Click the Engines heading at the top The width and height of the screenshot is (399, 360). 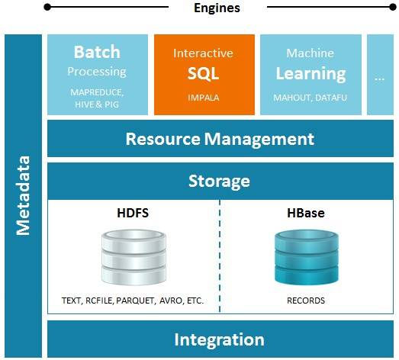(217, 8)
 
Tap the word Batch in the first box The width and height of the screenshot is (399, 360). (97, 52)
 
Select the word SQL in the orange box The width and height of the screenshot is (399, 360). (203, 74)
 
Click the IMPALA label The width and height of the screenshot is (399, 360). (204, 98)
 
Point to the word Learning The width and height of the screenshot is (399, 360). (311, 74)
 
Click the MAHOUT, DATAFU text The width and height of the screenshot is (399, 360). (310, 98)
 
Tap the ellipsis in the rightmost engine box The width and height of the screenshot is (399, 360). (379, 79)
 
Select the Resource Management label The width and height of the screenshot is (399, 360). (220, 139)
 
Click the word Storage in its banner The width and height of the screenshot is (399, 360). (219, 182)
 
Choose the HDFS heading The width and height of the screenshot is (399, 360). (133, 213)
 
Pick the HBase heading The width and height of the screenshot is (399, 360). (306, 213)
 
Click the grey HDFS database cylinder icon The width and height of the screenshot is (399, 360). (134, 257)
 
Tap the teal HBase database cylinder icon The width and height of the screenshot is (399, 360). (307, 257)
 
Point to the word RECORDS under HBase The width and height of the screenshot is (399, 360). (306, 301)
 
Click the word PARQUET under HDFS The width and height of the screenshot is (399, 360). (135, 301)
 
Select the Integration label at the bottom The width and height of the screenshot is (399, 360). (220, 339)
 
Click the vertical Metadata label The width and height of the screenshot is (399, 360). (23, 195)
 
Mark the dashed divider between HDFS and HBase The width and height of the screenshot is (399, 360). (220, 256)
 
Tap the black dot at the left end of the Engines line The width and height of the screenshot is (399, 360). (47, 7)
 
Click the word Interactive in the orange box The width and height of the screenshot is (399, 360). (203, 53)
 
